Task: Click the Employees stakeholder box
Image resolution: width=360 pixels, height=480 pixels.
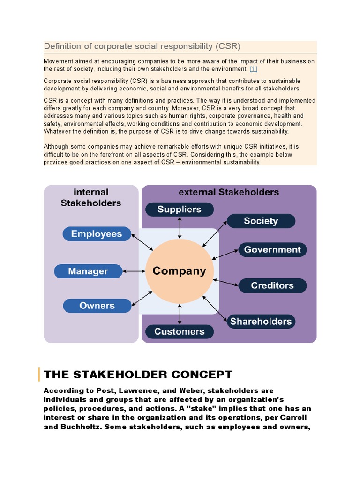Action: (97, 234)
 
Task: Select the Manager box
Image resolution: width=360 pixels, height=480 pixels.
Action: (88, 271)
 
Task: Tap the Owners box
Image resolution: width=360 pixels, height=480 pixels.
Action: (97, 306)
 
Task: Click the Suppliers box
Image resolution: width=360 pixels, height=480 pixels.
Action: (180, 210)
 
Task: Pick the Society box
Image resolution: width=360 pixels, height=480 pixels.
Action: (261, 221)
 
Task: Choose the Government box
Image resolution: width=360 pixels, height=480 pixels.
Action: (272, 249)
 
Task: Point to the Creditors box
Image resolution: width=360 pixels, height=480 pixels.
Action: (272, 285)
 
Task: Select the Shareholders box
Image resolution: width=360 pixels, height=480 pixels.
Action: (261, 321)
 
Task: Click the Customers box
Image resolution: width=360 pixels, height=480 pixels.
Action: (180, 331)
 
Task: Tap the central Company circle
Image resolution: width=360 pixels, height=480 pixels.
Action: (180, 271)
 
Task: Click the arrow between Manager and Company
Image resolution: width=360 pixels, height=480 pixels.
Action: (134, 271)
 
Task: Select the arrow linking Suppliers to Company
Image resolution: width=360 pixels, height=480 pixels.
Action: (180, 228)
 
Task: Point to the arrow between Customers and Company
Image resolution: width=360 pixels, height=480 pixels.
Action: (180, 315)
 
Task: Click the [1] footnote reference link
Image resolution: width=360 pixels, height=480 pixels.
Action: (254, 69)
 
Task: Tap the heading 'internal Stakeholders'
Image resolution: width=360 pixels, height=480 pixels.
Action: (91, 197)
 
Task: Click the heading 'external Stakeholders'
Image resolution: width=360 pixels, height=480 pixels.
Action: (229, 192)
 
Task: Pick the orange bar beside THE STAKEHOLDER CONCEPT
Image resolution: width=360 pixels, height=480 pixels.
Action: (39, 375)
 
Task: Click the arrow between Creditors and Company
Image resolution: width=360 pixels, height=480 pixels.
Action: (226, 282)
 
